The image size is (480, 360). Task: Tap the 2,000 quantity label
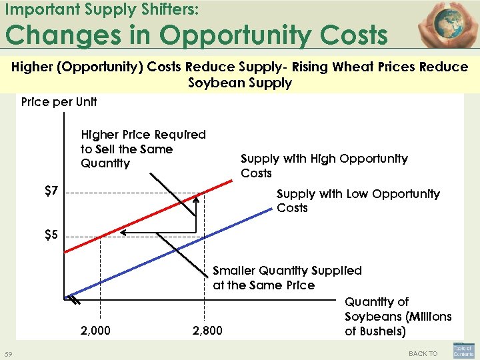pyautogui.click(x=95, y=331)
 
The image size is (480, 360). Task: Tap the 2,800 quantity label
pyautogui.click(x=207, y=331)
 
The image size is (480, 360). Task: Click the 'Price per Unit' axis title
pyautogui.click(x=59, y=102)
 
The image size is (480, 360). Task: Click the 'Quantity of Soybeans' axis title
pyautogui.click(x=397, y=317)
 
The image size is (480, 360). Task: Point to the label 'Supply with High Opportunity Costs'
pyautogui.click(x=323, y=165)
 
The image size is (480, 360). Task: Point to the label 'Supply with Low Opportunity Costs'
pyautogui.click(x=358, y=201)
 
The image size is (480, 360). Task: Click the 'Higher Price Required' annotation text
pyautogui.click(x=143, y=149)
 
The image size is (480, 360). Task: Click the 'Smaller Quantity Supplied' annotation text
pyautogui.click(x=287, y=277)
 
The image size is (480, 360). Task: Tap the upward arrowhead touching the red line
pyautogui.click(x=197, y=197)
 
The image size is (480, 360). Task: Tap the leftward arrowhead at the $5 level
pyautogui.click(x=124, y=233)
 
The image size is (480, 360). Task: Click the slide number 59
pyautogui.click(x=8, y=353)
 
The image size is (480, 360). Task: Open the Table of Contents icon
pyautogui.click(x=463, y=351)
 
